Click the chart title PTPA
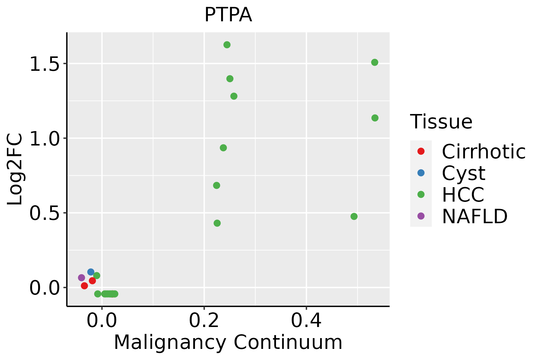228,15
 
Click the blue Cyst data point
91,272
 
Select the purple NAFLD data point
82,277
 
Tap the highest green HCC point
227,45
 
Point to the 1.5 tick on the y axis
45,64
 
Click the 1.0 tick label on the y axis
45,138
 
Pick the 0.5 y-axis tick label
45,213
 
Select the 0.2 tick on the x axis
204,320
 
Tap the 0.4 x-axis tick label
306,320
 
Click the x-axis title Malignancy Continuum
228,342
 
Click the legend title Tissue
441,121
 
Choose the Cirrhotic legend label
484,151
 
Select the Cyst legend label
463,173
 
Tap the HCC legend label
463,194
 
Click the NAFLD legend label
475,216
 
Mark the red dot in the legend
421,151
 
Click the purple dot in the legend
421,216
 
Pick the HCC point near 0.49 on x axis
354,216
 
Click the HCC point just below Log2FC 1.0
223,148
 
